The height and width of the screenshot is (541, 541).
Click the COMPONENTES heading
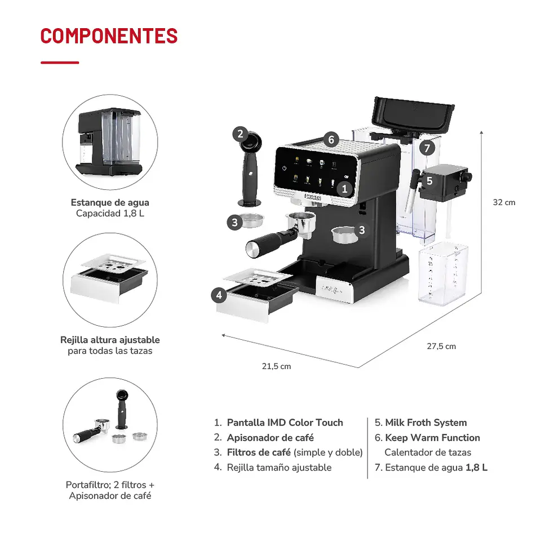(x=109, y=36)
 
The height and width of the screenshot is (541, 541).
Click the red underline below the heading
(x=60, y=63)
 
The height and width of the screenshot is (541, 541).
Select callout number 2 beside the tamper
(x=240, y=134)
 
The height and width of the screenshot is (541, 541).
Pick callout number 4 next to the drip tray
(x=219, y=295)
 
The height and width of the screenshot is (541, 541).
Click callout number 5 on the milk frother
(x=429, y=181)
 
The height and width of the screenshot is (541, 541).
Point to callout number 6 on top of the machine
(x=331, y=139)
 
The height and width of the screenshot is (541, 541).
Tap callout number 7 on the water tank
(x=428, y=149)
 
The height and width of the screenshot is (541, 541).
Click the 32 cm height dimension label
(x=504, y=202)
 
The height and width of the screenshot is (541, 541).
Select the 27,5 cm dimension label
(x=441, y=346)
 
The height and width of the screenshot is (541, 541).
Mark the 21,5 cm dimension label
(x=277, y=366)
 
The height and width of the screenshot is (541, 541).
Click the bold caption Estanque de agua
(x=110, y=202)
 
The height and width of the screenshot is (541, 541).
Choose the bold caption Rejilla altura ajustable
(x=110, y=340)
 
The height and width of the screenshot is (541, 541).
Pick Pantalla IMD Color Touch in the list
(x=285, y=423)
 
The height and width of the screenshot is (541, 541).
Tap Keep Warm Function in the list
(x=432, y=438)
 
